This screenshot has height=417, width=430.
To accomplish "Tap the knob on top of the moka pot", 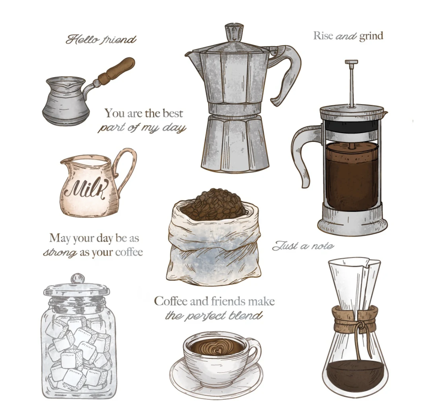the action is [x=234, y=32].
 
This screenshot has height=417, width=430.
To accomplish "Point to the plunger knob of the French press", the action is [x=351, y=62].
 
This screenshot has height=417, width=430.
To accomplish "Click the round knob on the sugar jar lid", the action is [x=78, y=279].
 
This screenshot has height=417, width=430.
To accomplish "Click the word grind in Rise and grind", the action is [x=371, y=36].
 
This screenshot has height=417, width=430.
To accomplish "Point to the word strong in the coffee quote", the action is [x=60, y=252].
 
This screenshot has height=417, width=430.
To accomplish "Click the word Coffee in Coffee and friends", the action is [x=171, y=301].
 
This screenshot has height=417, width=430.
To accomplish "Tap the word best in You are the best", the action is [x=172, y=113].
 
